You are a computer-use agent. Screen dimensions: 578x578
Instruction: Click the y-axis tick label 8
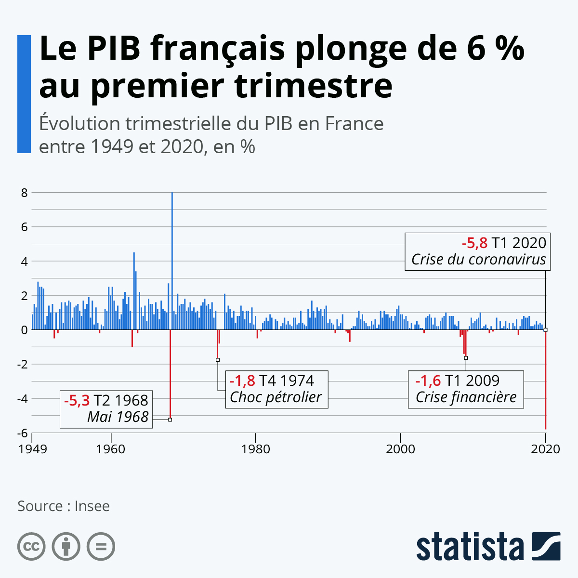(x=24, y=193)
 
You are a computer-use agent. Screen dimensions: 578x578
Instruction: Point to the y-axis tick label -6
(x=22, y=433)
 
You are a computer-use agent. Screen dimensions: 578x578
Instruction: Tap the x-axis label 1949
(x=33, y=449)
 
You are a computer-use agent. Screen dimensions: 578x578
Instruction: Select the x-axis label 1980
(x=256, y=449)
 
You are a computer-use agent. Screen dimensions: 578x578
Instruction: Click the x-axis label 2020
(x=545, y=449)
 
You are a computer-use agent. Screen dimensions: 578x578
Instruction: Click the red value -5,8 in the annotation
(x=474, y=243)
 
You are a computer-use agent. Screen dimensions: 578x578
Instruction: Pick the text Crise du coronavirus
(x=478, y=260)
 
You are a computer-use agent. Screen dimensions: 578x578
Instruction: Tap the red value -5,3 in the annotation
(x=77, y=400)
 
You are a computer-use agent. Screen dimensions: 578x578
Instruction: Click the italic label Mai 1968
(x=118, y=417)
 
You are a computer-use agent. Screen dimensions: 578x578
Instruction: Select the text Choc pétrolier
(x=276, y=397)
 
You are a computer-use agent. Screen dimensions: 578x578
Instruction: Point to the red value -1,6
(x=428, y=381)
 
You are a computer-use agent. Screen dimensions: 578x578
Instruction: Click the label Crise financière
(x=466, y=397)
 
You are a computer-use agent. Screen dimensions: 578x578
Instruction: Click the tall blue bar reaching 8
(x=172, y=260)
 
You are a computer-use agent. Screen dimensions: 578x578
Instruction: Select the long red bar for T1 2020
(x=545, y=381)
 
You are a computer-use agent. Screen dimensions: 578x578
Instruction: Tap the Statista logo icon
(x=546, y=546)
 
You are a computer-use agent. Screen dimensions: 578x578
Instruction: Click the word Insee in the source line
(x=92, y=506)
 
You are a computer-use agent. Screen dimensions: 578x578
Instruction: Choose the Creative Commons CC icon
(x=31, y=547)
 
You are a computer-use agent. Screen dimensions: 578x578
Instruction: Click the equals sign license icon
(x=101, y=547)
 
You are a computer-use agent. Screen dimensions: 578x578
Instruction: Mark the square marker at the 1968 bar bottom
(x=170, y=420)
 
